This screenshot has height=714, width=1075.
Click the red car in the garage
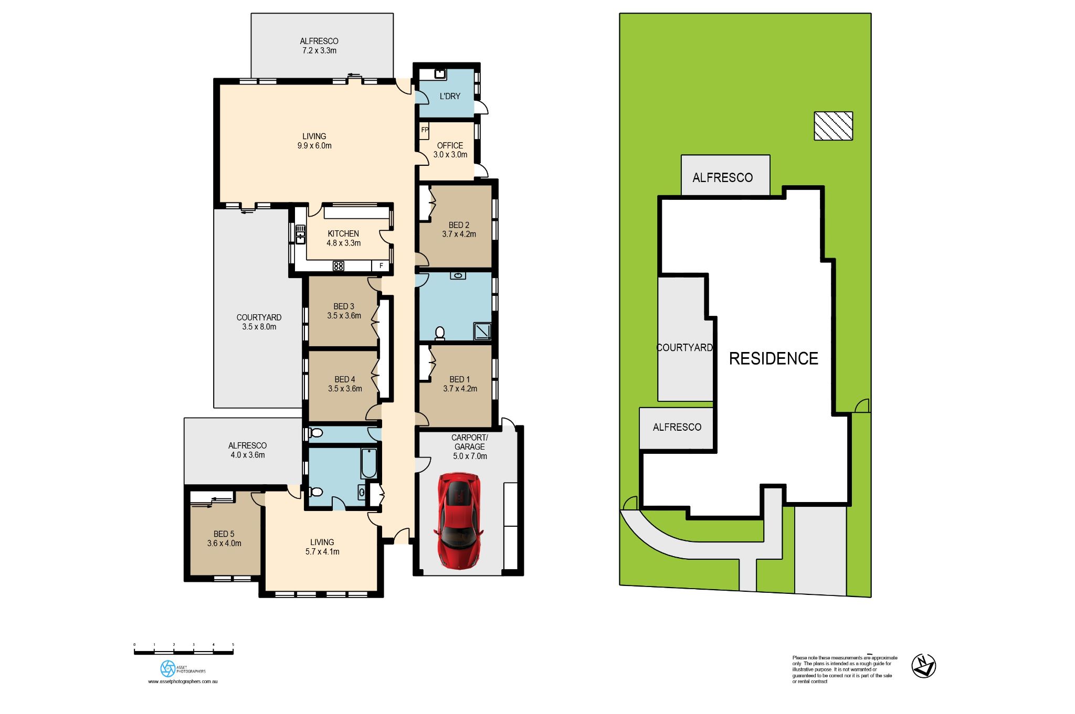pyautogui.click(x=458, y=520)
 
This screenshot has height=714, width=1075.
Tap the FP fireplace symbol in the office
pyautogui.click(x=424, y=130)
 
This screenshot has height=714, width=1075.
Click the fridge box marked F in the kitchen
pyautogui.click(x=381, y=266)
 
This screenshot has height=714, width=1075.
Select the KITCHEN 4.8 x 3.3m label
pyautogui.click(x=343, y=238)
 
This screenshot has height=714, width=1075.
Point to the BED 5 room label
pyautogui.click(x=224, y=538)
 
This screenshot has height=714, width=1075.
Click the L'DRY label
pyautogui.click(x=450, y=96)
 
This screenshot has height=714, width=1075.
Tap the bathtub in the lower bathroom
pyautogui.click(x=369, y=463)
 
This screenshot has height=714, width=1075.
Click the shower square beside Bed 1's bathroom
pyautogui.click(x=482, y=331)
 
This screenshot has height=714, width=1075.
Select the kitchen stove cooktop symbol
pyautogui.click(x=339, y=266)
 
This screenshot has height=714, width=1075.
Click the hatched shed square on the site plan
pyautogui.click(x=833, y=126)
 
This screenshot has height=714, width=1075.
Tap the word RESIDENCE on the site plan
pyautogui.click(x=773, y=358)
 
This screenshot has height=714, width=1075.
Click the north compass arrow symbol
pyautogui.click(x=924, y=666)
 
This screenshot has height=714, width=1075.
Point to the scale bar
pyautogui.click(x=184, y=652)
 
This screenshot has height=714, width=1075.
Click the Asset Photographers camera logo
pyautogui.click(x=167, y=668)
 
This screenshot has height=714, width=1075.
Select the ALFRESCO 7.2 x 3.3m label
pyautogui.click(x=319, y=46)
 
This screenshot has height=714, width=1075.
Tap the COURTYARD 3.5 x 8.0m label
pyautogui.click(x=259, y=322)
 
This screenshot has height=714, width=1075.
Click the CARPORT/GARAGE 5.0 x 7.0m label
pyautogui.click(x=470, y=446)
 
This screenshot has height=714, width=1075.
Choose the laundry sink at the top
pyautogui.click(x=440, y=74)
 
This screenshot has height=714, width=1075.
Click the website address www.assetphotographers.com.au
pyautogui.click(x=183, y=681)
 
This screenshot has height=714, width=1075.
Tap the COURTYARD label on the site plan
pyautogui.click(x=684, y=347)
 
